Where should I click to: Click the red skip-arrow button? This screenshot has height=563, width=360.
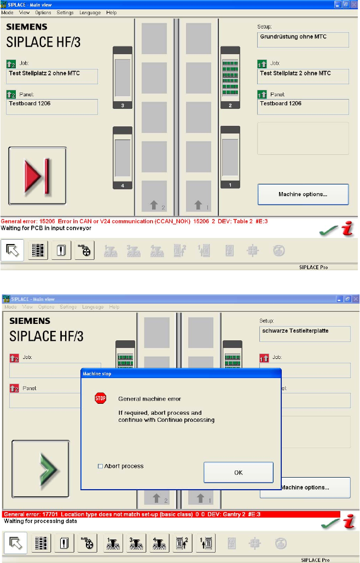click(x=37, y=176)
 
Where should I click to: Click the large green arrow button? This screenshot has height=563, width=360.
click(x=40, y=468)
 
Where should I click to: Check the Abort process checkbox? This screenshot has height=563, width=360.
click(x=100, y=466)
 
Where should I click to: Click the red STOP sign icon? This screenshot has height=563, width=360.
click(x=100, y=398)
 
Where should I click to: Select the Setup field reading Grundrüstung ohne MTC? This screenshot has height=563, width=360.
click(x=303, y=39)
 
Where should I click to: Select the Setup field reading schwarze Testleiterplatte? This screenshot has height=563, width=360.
click(x=304, y=334)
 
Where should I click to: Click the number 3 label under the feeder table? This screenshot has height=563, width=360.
click(x=123, y=105)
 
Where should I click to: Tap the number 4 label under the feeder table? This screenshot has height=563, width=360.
click(x=123, y=186)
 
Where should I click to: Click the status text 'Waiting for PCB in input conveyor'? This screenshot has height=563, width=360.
click(x=46, y=228)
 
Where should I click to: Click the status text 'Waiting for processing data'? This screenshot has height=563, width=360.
click(x=40, y=521)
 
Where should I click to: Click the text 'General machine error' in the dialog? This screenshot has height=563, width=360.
click(x=149, y=399)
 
